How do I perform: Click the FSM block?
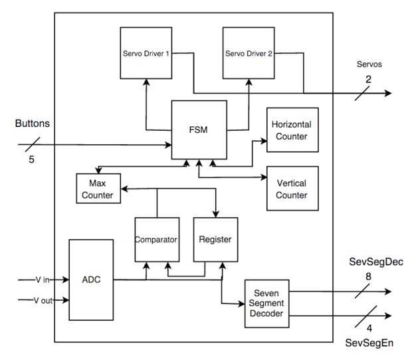click(x=199, y=130)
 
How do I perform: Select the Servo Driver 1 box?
click(x=146, y=53)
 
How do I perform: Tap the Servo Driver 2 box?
click(x=249, y=53)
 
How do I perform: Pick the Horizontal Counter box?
click(x=292, y=130)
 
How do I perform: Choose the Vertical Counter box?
click(x=292, y=189)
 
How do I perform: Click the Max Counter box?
click(x=98, y=189)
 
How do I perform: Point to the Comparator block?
click(x=157, y=239)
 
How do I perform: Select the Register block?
click(x=215, y=239)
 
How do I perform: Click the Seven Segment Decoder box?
click(x=267, y=303)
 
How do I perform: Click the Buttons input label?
click(x=33, y=124)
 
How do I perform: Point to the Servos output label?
click(x=370, y=65)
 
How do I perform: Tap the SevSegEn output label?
click(x=371, y=341)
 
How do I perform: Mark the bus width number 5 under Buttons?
click(x=31, y=159)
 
